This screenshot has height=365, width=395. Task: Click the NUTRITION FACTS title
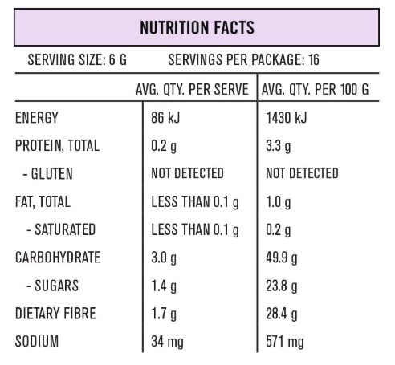(x=197, y=27)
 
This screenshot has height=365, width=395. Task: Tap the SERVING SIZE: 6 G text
(x=77, y=60)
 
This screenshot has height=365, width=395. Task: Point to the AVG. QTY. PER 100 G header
(x=317, y=89)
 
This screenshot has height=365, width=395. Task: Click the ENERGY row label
(x=37, y=118)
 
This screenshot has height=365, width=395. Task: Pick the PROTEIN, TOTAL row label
(x=58, y=146)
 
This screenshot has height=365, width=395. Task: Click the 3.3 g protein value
(x=278, y=146)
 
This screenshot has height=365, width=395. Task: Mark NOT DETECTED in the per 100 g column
(x=302, y=174)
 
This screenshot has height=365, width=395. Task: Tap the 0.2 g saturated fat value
(x=278, y=230)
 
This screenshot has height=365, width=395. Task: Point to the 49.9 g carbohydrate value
(x=281, y=258)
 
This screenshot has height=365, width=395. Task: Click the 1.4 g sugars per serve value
(x=164, y=286)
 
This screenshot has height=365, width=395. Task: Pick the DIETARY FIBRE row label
(x=55, y=314)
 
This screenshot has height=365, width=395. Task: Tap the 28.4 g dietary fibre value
(x=281, y=314)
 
